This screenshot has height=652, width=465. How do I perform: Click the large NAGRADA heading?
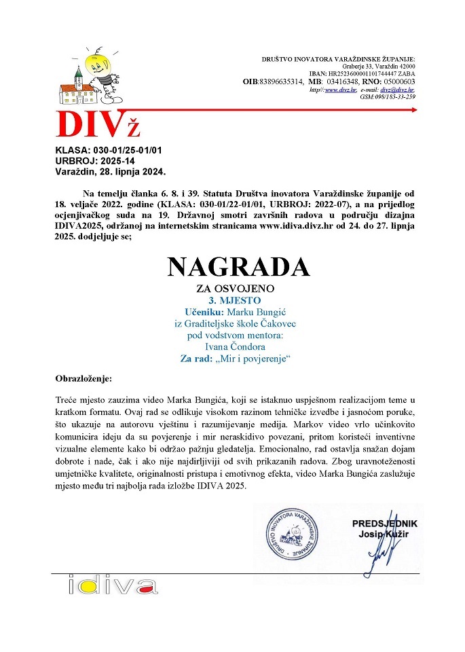[239, 267]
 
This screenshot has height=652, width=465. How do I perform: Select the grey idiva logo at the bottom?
[113, 585]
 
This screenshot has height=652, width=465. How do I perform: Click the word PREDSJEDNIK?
[384, 523]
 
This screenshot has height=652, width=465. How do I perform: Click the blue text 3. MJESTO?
[234, 300]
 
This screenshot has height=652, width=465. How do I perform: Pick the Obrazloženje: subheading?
[84, 377]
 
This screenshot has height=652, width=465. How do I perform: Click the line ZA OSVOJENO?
[234, 289]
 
